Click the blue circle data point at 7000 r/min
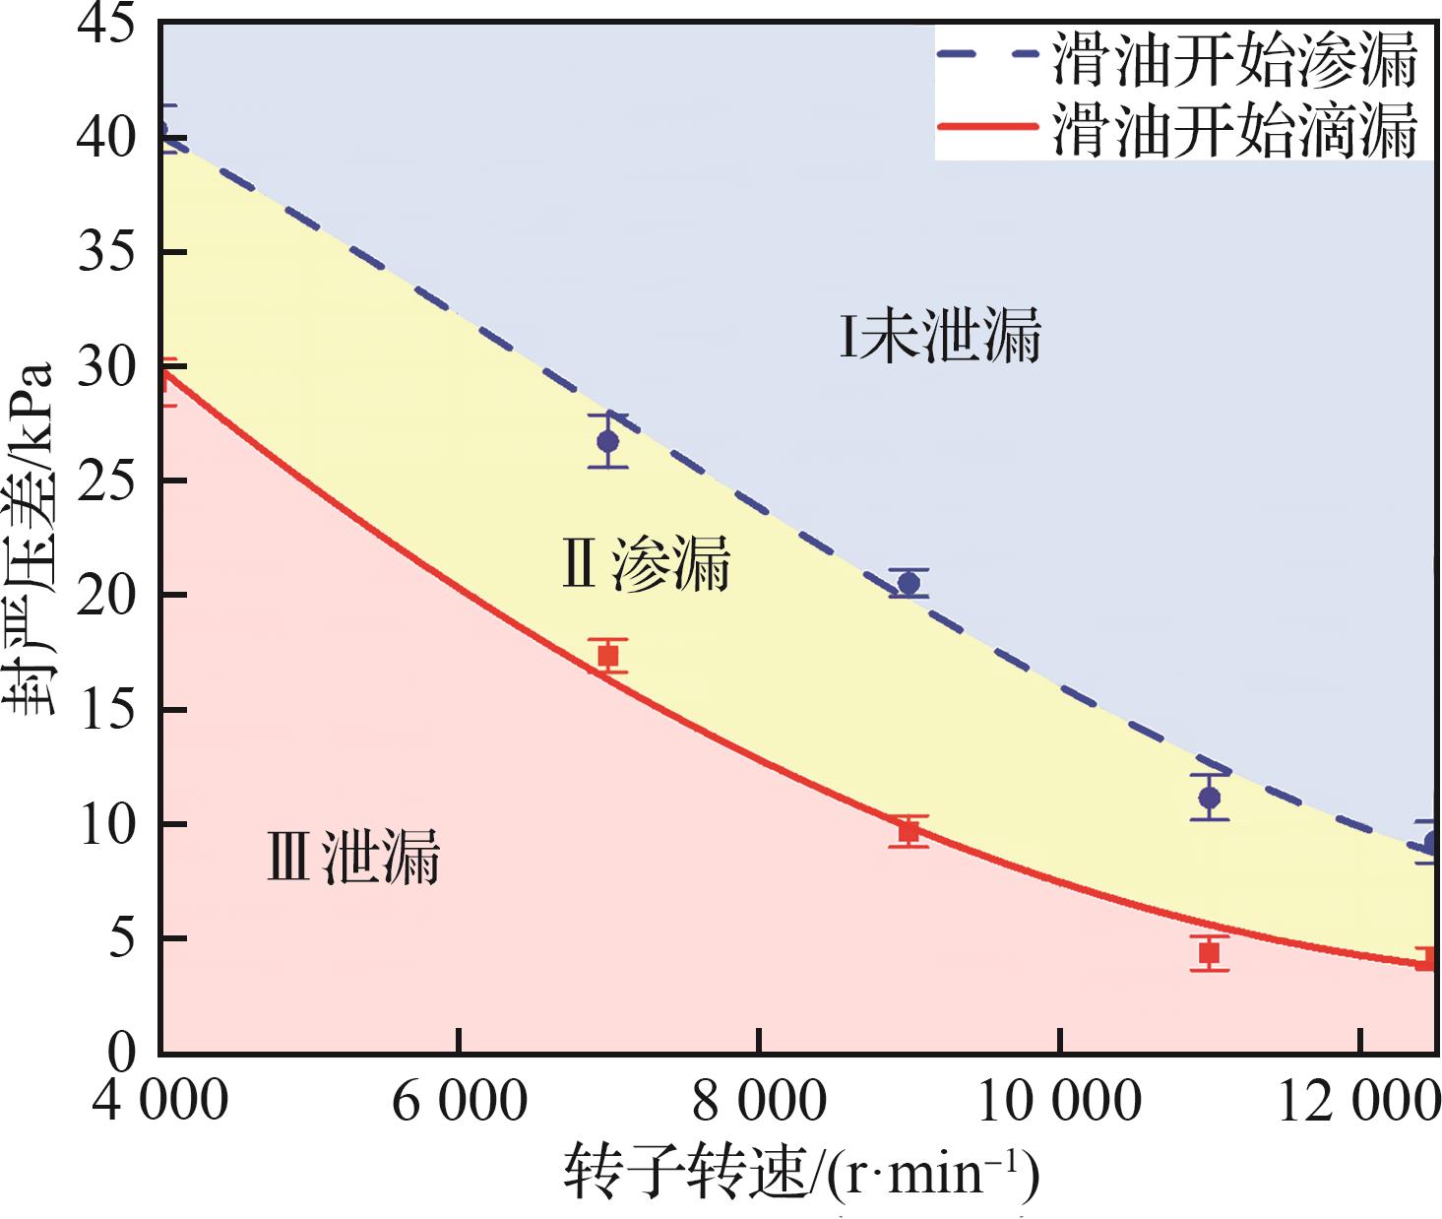point(608,441)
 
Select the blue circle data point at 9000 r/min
point(909,584)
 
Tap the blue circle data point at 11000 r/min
point(1209,798)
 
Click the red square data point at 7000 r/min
point(608,656)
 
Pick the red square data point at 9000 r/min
point(909,832)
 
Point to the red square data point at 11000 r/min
point(1209,953)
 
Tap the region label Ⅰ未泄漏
point(940,337)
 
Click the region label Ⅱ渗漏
point(646,564)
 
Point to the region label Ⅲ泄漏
point(353,857)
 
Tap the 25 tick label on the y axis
point(108,481)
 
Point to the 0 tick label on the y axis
point(122,1052)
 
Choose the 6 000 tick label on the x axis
point(460,1101)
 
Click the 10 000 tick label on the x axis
point(1059,1101)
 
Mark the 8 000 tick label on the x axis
point(759,1101)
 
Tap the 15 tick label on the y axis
point(108,710)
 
